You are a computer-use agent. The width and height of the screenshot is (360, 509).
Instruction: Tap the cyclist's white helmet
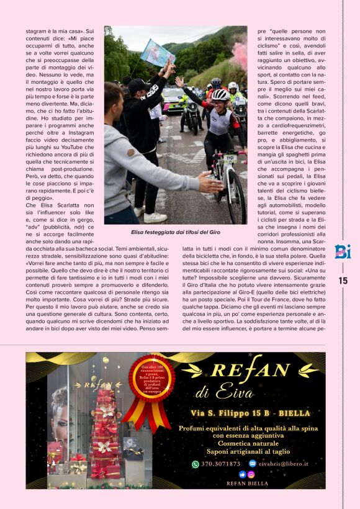[x=220, y=94]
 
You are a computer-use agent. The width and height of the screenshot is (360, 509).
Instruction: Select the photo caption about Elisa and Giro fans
[x=176, y=232]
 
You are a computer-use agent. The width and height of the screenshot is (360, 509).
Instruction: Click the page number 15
[x=343, y=281]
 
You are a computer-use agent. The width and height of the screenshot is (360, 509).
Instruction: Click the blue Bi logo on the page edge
[x=343, y=251]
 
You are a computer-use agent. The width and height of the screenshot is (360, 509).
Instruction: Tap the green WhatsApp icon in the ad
[x=196, y=464]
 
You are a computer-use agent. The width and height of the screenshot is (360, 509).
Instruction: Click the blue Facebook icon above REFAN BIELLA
[x=242, y=474]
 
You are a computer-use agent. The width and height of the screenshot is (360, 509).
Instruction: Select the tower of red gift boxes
[x=105, y=435]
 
